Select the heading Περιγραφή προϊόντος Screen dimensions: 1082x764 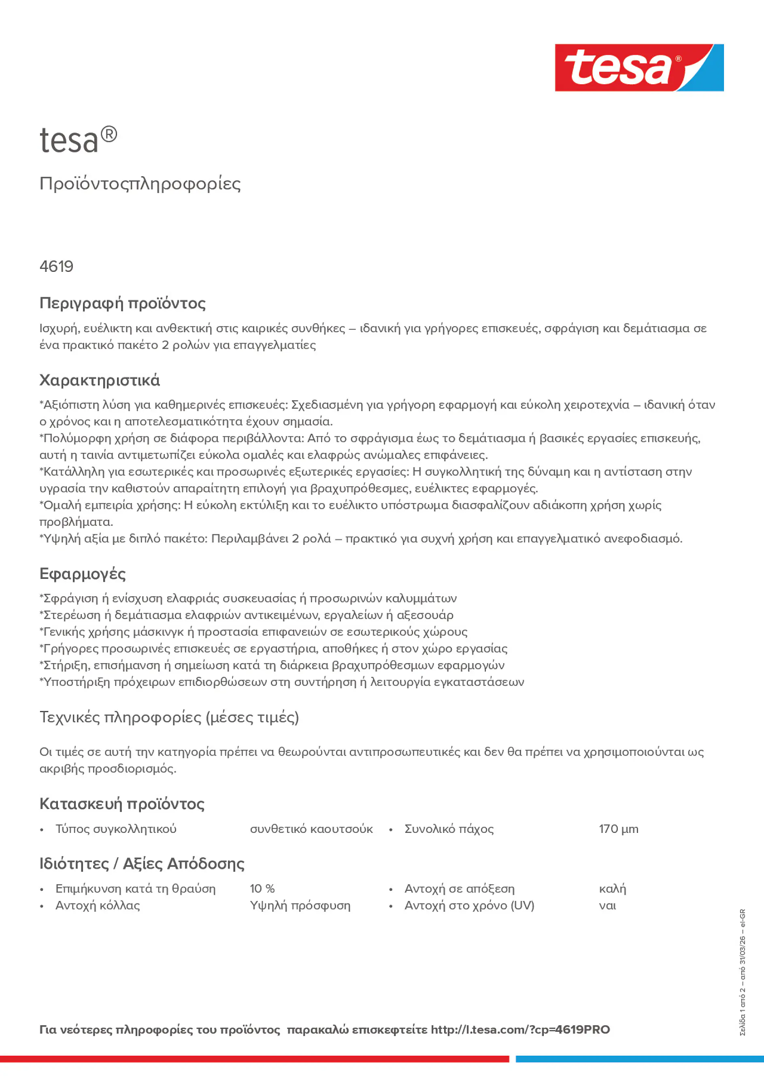[x=122, y=303]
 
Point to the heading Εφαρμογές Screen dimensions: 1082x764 [x=83, y=574]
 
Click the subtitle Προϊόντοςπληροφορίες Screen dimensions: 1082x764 [x=140, y=184]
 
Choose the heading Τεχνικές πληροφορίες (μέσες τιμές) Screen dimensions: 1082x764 [x=169, y=717]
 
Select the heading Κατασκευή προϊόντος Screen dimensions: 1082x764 [x=121, y=804]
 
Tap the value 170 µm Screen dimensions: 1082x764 [x=619, y=829]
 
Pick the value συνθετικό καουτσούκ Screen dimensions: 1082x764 [x=311, y=829]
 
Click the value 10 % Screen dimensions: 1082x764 [x=262, y=889]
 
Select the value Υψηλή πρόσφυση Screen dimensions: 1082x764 [x=300, y=906]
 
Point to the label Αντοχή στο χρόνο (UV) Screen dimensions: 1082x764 [x=469, y=906]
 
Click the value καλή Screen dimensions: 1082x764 [x=612, y=889]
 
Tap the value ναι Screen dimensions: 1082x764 [x=607, y=906]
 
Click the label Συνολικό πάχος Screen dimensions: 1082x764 [x=449, y=829]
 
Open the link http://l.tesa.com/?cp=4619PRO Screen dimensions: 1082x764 [x=520, y=1030]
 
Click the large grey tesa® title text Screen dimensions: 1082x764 [x=78, y=141]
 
